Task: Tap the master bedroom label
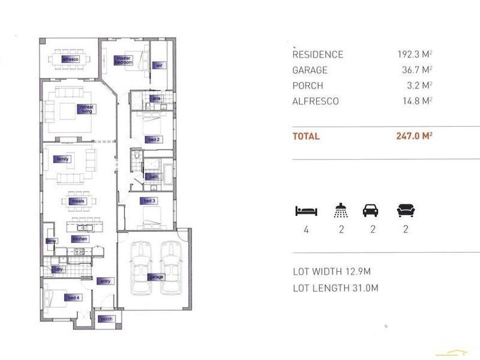tap(123, 60)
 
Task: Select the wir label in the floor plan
tap(159, 65)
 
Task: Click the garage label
tap(156, 277)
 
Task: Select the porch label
tap(106, 319)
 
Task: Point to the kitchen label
tap(80, 239)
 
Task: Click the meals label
tap(77, 201)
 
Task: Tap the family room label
tap(62, 159)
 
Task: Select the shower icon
tap(340, 211)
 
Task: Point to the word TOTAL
tap(306, 136)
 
